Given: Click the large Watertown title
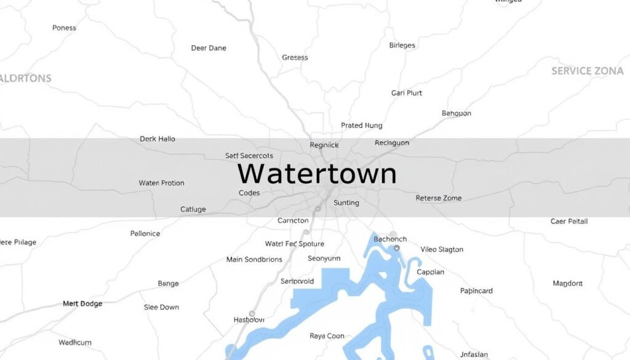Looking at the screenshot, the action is click(317, 174).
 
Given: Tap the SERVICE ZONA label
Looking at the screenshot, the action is click(587, 71).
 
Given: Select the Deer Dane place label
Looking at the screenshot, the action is click(209, 48).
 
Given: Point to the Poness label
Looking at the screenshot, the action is click(64, 28).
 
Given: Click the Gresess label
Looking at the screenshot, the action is click(295, 58).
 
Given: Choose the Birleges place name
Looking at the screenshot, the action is click(402, 46).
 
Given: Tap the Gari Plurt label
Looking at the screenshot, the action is click(407, 93).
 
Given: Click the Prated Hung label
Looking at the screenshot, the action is click(362, 126).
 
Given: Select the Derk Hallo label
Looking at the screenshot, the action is click(157, 139).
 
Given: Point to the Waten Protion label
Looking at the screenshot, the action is click(161, 183).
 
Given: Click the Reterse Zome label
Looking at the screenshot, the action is click(439, 198).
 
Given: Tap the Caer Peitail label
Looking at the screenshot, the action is click(569, 221).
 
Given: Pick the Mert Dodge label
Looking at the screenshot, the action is click(82, 304).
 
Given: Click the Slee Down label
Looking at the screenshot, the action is click(161, 307).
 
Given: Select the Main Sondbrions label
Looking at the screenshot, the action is click(254, 260).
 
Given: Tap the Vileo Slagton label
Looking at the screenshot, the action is click(442, 249).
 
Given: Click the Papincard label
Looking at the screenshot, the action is click(476, 291).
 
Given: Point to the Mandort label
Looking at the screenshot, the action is click(567, 284).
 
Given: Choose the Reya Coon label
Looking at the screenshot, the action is click(326, 336).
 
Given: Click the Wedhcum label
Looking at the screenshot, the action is click(75, 342).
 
